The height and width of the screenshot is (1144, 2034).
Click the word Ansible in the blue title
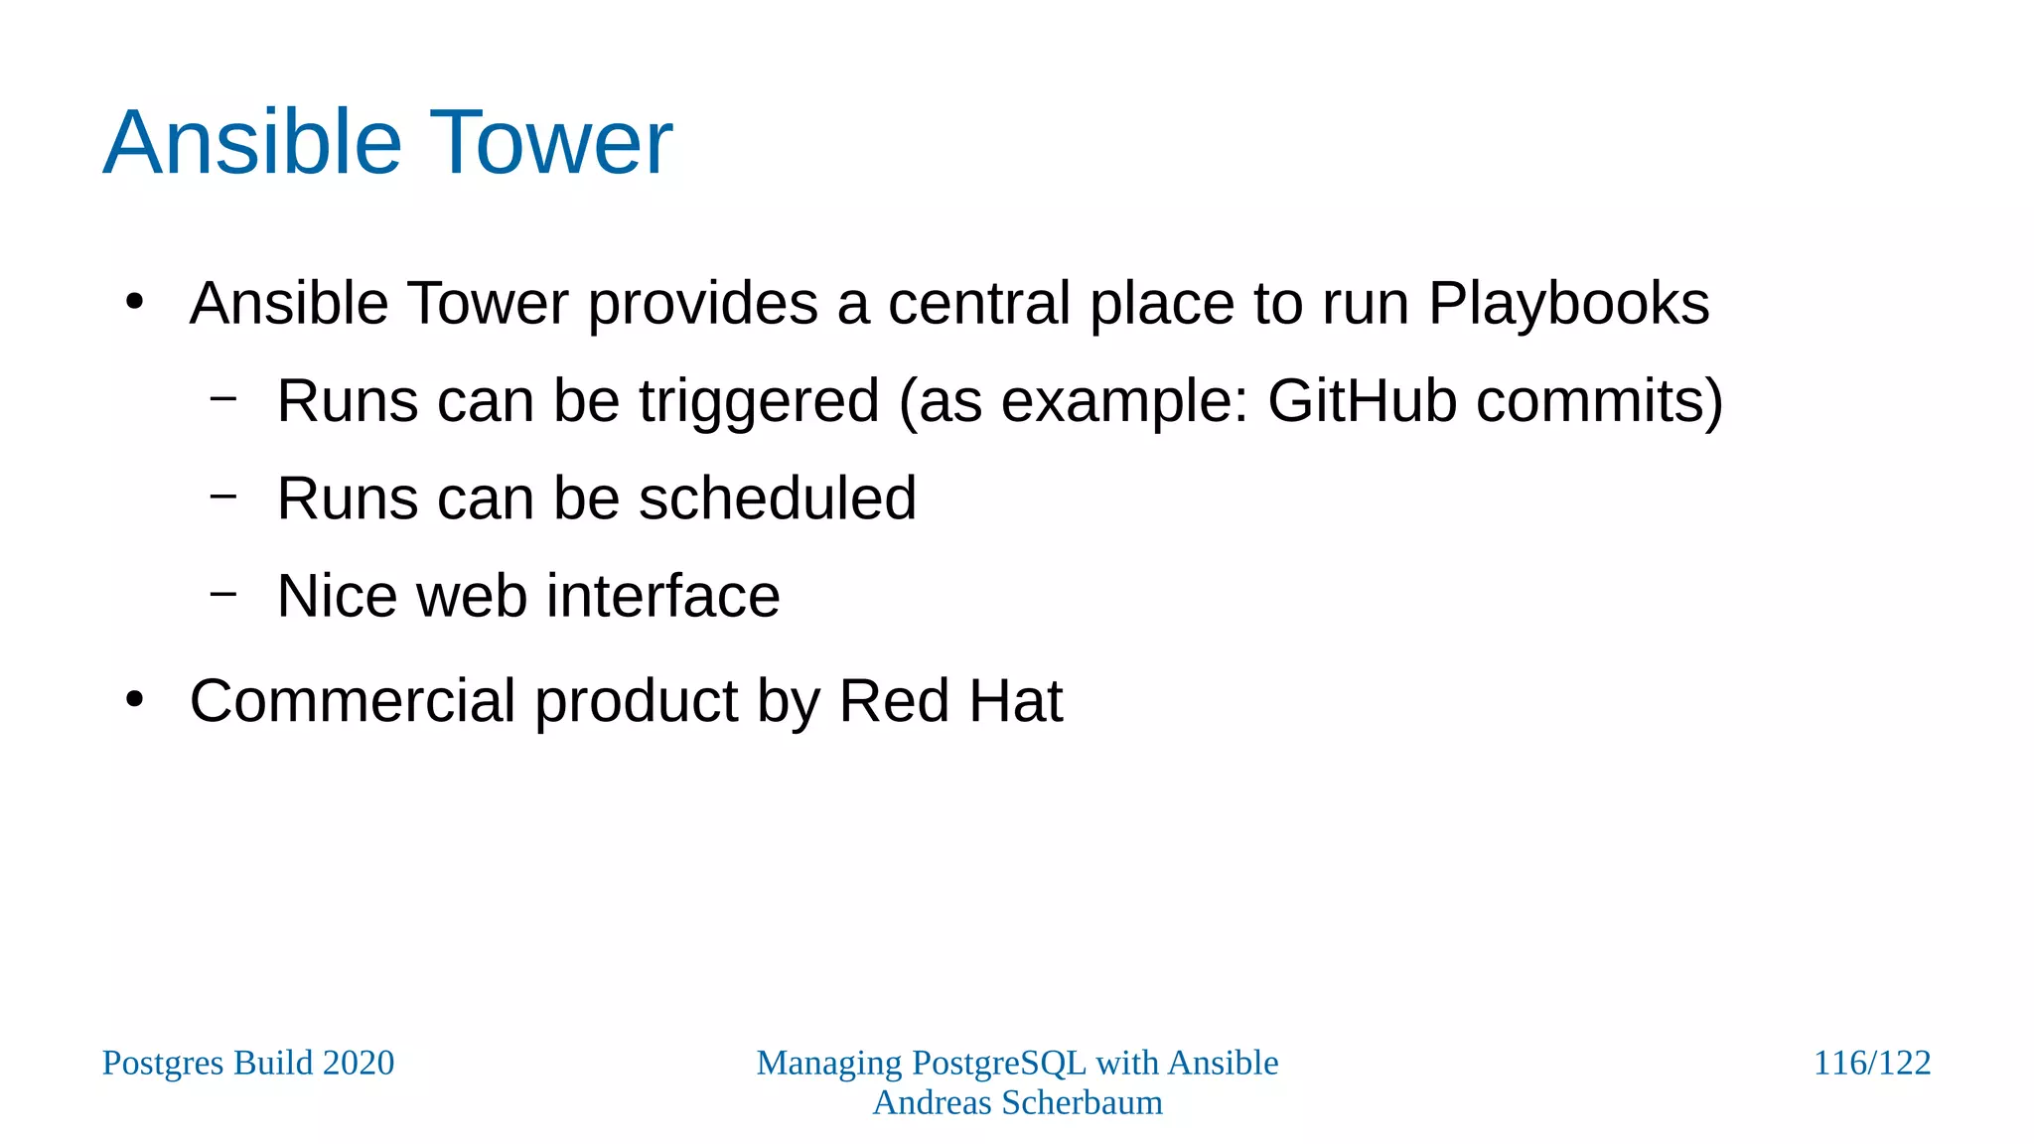[251, 143]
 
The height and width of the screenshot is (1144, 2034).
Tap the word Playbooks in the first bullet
[1568, 304]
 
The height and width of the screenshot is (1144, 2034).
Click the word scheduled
[777, 499]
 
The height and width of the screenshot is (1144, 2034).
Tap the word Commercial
[353, 701]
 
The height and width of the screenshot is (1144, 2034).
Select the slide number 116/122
[1871, 1063]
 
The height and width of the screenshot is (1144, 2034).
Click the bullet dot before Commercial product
[135, 700]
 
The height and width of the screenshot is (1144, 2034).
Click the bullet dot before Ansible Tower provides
[135, 302]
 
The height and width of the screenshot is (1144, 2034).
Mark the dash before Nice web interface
[224, 594]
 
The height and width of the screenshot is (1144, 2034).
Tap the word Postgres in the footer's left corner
[163, 1064]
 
